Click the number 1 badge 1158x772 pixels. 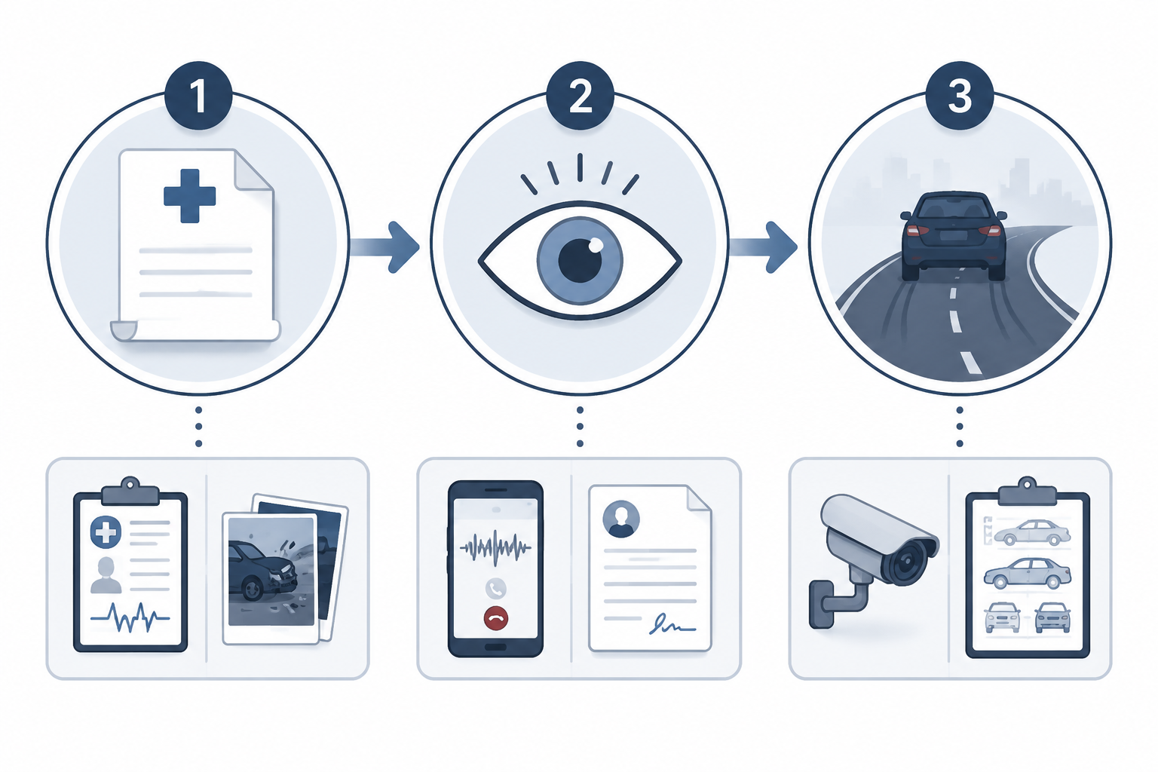click(198, 96)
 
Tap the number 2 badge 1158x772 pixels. click(580, 96)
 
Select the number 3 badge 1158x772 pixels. click(960, 96)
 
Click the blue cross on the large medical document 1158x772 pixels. click(190, 196)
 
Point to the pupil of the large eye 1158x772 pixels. click(581, 260)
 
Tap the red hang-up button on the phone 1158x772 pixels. click(496, 618)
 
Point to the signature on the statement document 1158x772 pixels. click(672, 624)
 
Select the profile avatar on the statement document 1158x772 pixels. click(621, 519)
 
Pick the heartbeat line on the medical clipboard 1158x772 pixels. click(130, 617)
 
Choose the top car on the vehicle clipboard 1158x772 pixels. click(1032, 532)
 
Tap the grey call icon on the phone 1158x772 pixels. click(496, 589)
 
